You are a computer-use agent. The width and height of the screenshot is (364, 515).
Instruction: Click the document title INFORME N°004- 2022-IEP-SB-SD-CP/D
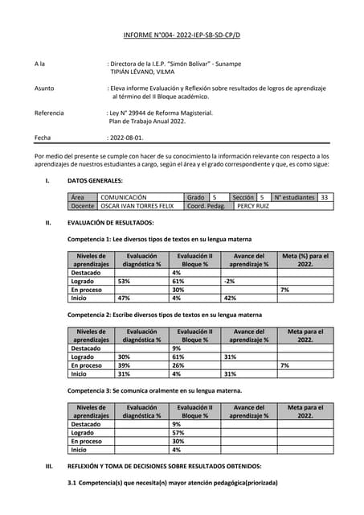click(182, 36)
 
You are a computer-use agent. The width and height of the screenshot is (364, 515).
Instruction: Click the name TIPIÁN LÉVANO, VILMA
click(141, 72)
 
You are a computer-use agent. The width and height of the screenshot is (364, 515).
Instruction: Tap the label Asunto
click(45, 87)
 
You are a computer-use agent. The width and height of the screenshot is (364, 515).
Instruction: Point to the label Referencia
click(49, 113)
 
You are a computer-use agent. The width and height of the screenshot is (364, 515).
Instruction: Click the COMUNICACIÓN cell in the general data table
click(123, 197)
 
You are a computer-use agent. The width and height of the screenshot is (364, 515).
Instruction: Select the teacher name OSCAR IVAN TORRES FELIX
click(136, 206)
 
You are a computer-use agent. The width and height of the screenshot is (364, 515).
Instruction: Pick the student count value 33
click(324, 197)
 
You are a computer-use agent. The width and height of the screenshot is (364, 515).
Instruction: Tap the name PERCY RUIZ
click(252, 206)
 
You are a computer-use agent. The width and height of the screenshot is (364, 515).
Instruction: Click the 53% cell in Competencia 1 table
click(125, 282)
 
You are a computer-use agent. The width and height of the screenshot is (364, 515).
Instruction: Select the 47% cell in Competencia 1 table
click(125, 298)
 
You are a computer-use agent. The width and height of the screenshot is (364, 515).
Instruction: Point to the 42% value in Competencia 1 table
click(231, 298)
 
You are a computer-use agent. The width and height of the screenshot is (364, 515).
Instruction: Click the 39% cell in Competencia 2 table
click(125, 365)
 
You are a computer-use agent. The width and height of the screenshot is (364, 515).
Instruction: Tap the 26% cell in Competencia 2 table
click(178, 365)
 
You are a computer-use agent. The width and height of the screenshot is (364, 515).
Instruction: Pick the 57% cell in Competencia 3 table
click(178, 433)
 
